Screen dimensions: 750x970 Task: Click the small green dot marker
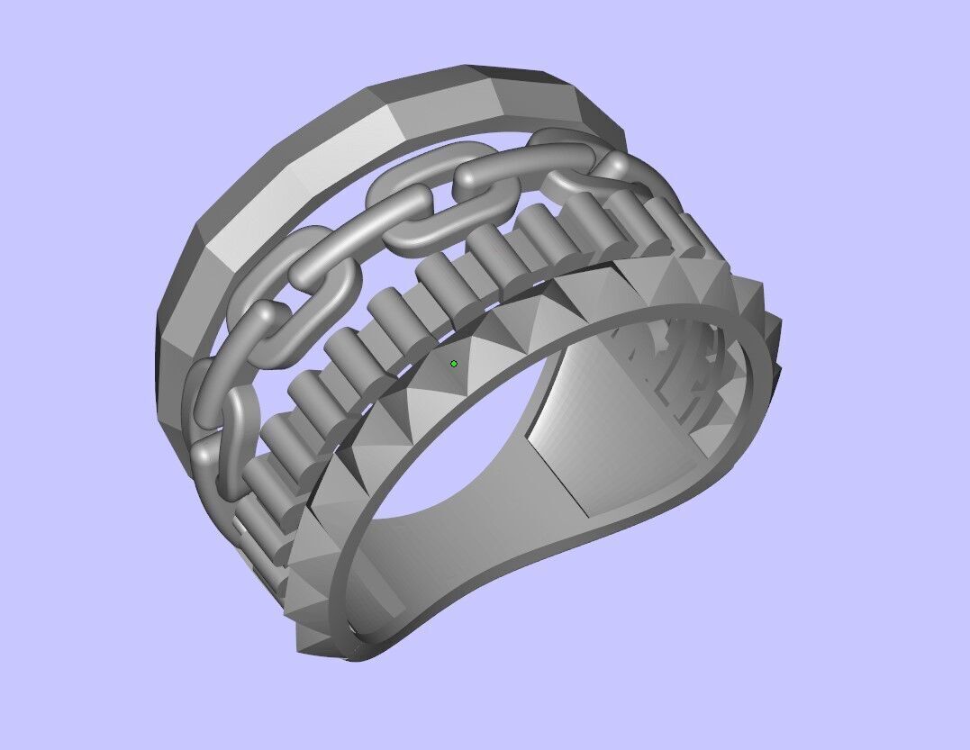tap(454, 364)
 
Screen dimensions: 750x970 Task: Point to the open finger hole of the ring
tap(450, 450)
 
